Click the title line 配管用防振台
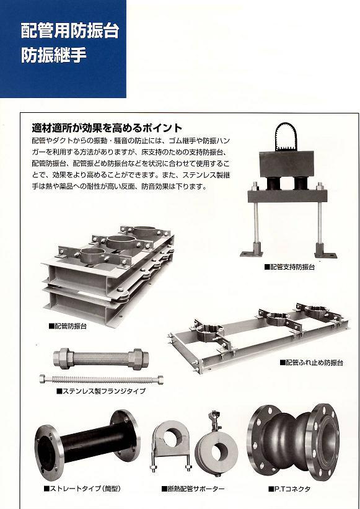tap(70, 30)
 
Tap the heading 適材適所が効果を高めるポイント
tap(107, 128)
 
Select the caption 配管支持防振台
tap(289, 267)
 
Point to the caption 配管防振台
tap(68, 326)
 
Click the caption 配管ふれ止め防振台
tap(311, 363)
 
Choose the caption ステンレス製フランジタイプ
tap(101, 391)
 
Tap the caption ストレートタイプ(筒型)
tap(82, 489)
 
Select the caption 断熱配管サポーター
tap(193, 489)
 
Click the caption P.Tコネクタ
tap(289, 489)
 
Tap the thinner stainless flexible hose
tap(101, 379)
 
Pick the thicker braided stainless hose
tap(101, 358)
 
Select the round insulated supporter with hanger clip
tap(217, 448)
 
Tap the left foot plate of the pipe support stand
tap(251, 254)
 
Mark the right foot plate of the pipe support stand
tap(325, 254)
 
